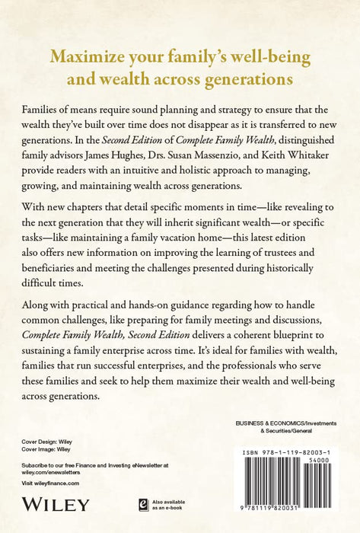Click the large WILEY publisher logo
(x=56, y=503)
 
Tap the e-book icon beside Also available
(x=142, y=503)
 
